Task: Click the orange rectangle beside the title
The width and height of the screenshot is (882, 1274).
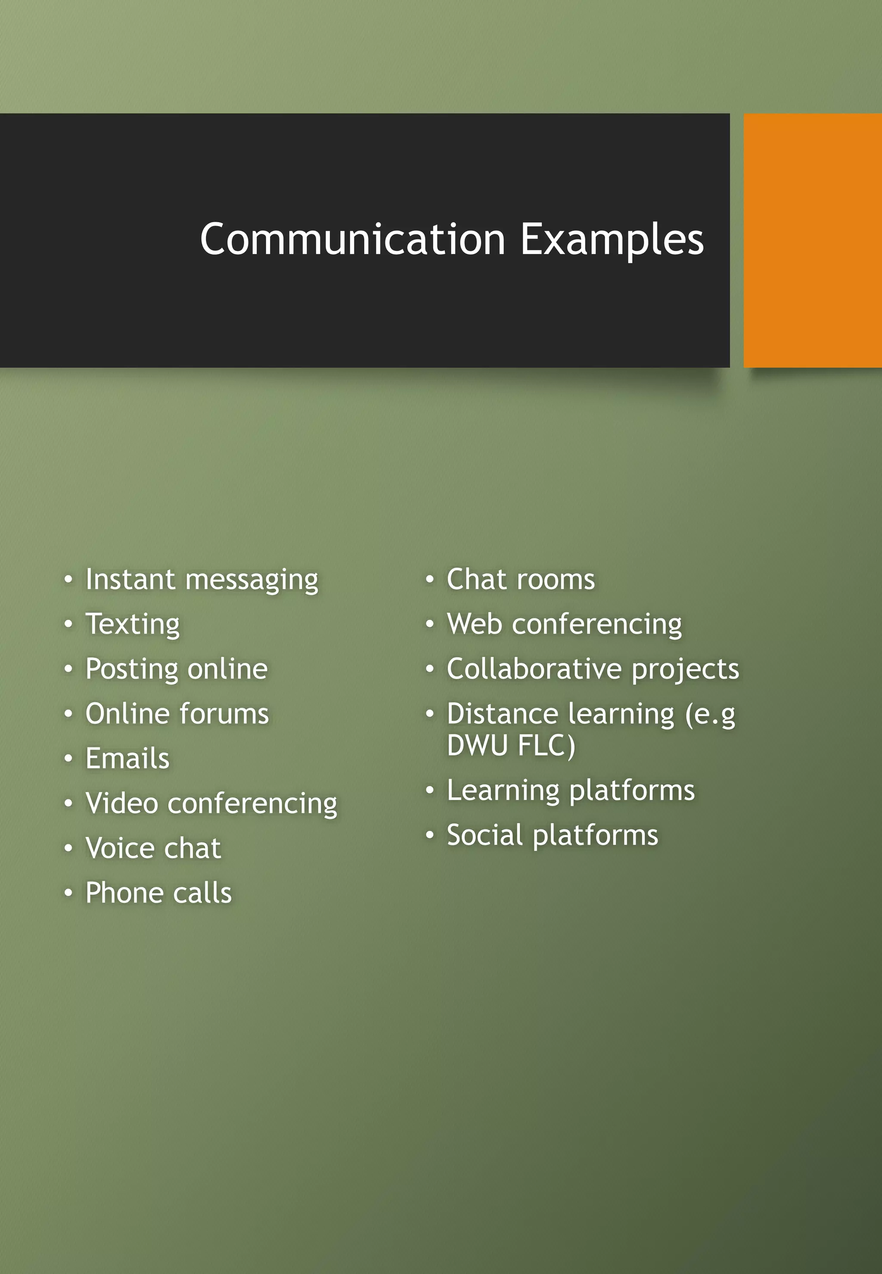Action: click(x=812, y=240)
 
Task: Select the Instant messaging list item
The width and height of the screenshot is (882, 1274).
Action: click(x=202, y=580)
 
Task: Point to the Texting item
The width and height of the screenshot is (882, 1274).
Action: click(x=133, y=625)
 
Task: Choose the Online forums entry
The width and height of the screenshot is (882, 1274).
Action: click(x=177, y=713)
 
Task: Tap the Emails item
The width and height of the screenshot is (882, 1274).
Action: click(x=127, y=758)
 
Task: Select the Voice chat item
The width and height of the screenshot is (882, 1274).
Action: click(x=153, y=848)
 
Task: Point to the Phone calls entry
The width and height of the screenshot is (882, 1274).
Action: click(x=158, y=893)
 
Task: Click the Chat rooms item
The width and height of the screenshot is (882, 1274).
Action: click(x=521, y=580)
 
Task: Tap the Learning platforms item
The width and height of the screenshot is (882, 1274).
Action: click(x=570, y=790)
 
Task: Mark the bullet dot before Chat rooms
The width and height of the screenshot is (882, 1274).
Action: click(x=429, y=580)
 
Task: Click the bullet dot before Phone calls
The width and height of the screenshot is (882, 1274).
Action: click(x=68, y=893)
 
